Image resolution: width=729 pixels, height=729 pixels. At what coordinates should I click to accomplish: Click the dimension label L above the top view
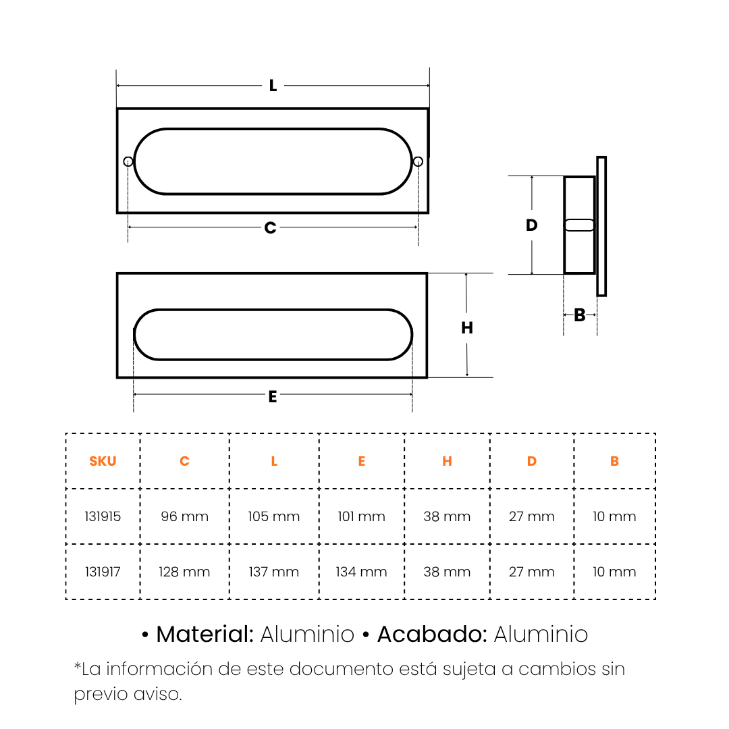[273, 86]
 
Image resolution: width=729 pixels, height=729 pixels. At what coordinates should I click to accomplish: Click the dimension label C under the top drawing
[270, 228]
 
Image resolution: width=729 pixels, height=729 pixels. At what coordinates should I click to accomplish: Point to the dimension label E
[273, 397]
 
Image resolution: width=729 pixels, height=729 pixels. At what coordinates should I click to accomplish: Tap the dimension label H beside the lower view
[467, 328]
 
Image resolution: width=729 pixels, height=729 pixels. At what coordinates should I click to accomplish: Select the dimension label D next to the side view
[531, 225]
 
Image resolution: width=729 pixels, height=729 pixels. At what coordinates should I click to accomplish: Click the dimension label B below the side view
[579, 315]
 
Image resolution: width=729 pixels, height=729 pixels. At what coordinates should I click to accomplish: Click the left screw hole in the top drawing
[128, 161]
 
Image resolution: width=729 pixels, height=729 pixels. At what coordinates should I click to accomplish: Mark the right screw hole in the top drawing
[418, 161]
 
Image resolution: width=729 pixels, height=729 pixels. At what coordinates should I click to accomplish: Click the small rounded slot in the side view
[579, 225]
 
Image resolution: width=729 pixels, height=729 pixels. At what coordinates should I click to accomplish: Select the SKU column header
[103, 461]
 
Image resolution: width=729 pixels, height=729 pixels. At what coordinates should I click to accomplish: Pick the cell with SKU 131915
[103, 516]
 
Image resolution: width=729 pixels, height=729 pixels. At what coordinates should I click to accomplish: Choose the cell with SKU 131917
[103, 572]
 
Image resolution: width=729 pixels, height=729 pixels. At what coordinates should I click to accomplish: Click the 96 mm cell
[184, 516]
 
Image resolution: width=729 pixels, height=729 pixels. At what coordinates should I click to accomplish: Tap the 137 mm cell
[274, 572]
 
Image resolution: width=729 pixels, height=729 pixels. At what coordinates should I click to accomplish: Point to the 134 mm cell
[361, 572]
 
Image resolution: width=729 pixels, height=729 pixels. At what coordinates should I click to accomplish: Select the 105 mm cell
[274, 516]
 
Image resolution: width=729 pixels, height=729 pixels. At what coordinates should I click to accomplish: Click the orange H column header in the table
[448, 461]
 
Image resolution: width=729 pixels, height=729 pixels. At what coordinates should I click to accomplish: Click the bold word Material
[205, 634]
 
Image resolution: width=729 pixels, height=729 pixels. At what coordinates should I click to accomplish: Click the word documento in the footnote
[342, 669]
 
